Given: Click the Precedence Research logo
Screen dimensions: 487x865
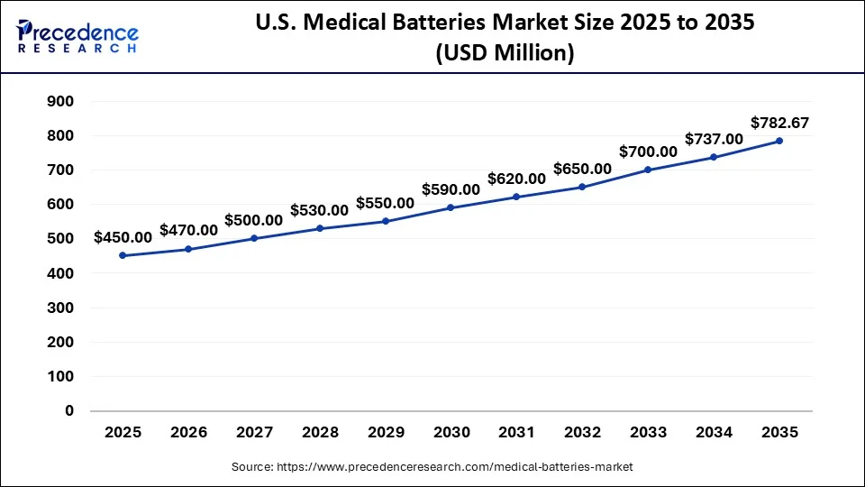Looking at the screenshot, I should (77, 35).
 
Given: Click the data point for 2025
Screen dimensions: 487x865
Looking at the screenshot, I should (123, 255).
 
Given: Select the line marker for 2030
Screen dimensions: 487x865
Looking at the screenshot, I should (451, 207).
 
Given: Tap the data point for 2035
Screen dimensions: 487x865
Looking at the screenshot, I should (778, 141).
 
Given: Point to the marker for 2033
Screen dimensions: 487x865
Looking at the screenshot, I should (647, 170).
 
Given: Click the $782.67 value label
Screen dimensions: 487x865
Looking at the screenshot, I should (778, 123).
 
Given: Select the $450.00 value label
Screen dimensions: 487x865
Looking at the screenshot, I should (123, 237).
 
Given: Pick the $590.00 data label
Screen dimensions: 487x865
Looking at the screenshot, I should (451, 189).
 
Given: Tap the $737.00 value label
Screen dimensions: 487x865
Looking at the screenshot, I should (714, 139).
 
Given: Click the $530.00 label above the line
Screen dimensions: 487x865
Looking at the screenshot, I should (319, 210).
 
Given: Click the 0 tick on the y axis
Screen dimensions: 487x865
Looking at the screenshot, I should (68, 410).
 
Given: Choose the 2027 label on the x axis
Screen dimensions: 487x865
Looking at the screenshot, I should (254, 433).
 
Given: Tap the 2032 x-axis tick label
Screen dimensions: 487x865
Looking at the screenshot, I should (582, 433).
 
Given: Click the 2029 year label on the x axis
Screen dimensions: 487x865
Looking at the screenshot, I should (385, 433).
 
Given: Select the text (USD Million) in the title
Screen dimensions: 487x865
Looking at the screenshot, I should (504, 53).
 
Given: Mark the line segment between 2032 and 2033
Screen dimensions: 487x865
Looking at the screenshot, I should (615, 179).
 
